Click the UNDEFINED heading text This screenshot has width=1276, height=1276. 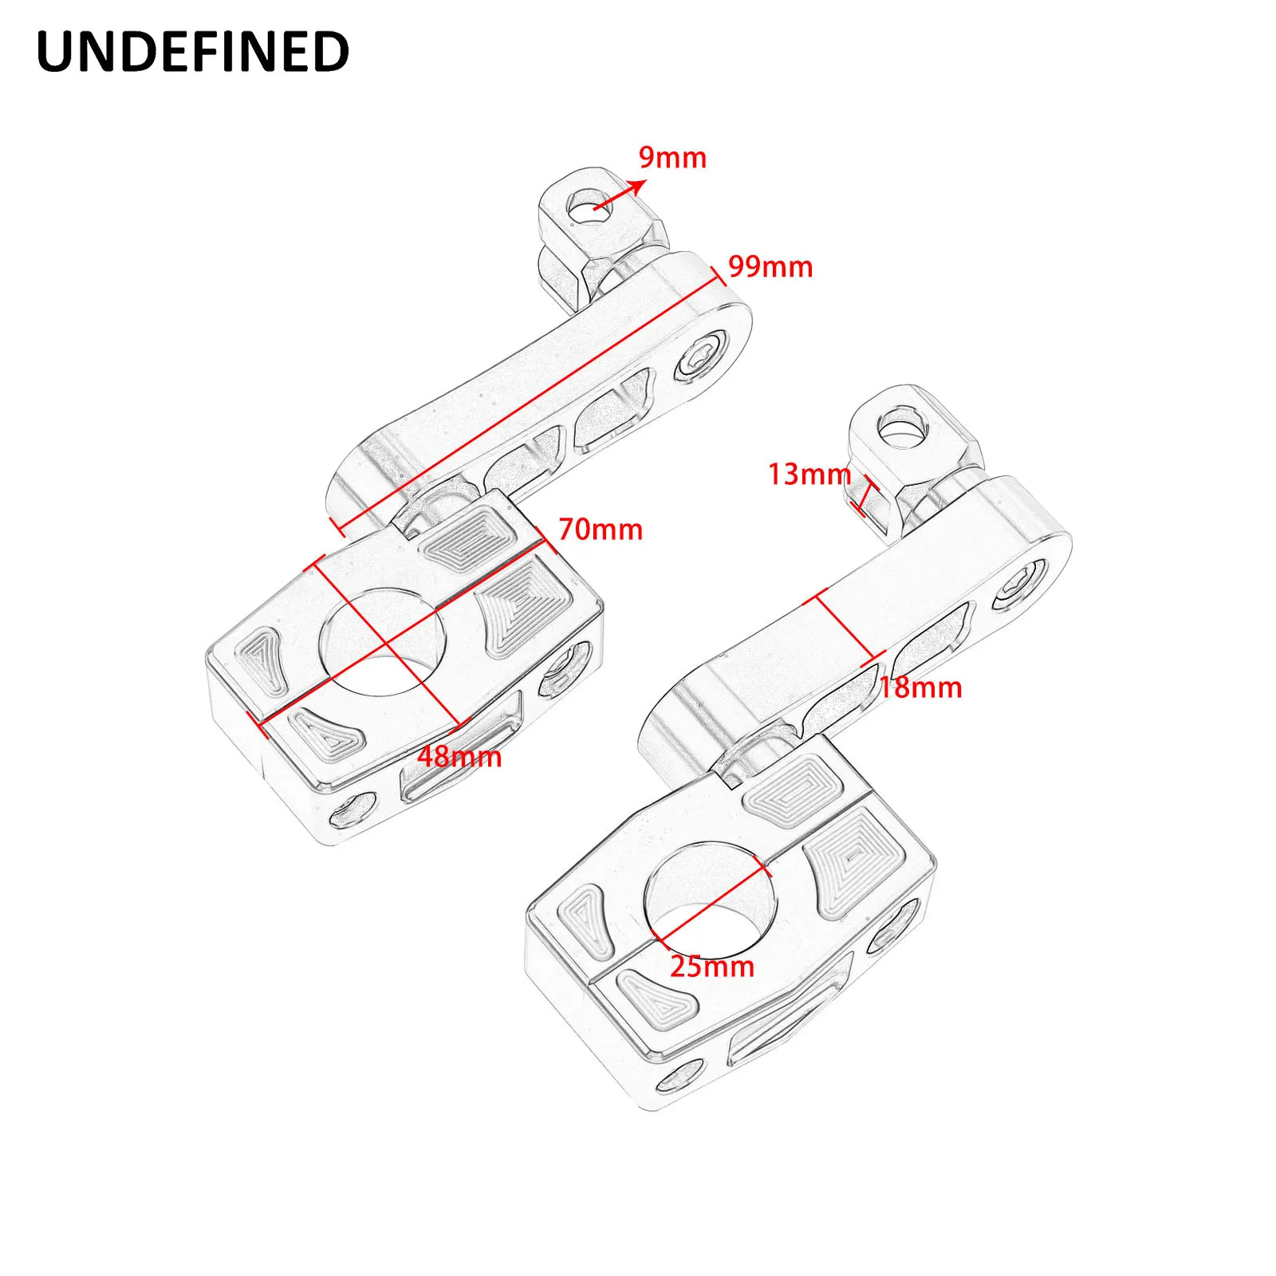click(x=193, y=52)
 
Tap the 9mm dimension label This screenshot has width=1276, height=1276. click(x=672, y=158)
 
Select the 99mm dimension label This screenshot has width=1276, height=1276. click(x=770, y=266)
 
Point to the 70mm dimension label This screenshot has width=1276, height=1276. click(x=601, y=530)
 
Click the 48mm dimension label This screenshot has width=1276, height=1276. click(x=460, y=756)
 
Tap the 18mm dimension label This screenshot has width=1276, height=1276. click(x=920, y=687)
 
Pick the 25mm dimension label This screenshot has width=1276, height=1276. click(x=712, y=967)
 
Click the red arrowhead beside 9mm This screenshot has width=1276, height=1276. click(x=637, y=186)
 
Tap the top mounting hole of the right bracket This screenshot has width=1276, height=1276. click(x=903, y=430)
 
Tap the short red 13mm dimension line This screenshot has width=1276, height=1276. click(x=862, y=497)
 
